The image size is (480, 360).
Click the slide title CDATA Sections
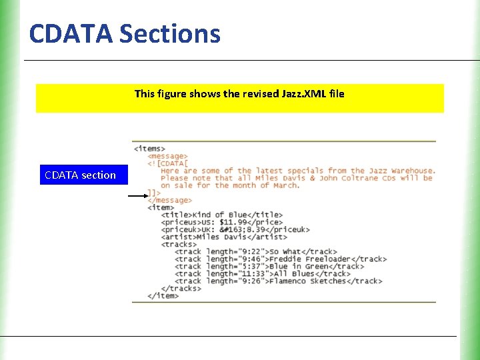click(x=125, y=33)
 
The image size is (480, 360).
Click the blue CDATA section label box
click(x=80, y=175)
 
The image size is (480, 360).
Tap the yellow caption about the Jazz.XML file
click(x=239, y=97)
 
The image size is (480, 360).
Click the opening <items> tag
click(x=149, y=149)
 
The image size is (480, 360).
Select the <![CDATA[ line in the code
click(x=168, y=163)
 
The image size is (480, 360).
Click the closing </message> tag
click(x=169, y=200)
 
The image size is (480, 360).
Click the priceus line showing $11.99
click(x=221, y=222)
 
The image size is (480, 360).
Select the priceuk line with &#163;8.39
click(x=235, y=229)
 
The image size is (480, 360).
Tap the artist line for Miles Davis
click(x=224, y=237)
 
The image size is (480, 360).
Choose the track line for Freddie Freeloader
click(x=280, y=259)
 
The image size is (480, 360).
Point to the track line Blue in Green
click(x=269, y=266)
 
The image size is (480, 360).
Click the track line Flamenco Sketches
click(x=278, y=281)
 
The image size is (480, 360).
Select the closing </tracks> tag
click(x=181, y=288)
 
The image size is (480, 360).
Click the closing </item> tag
click(x=163, y=295)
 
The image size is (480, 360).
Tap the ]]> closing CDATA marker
click(x=154, y=193)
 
